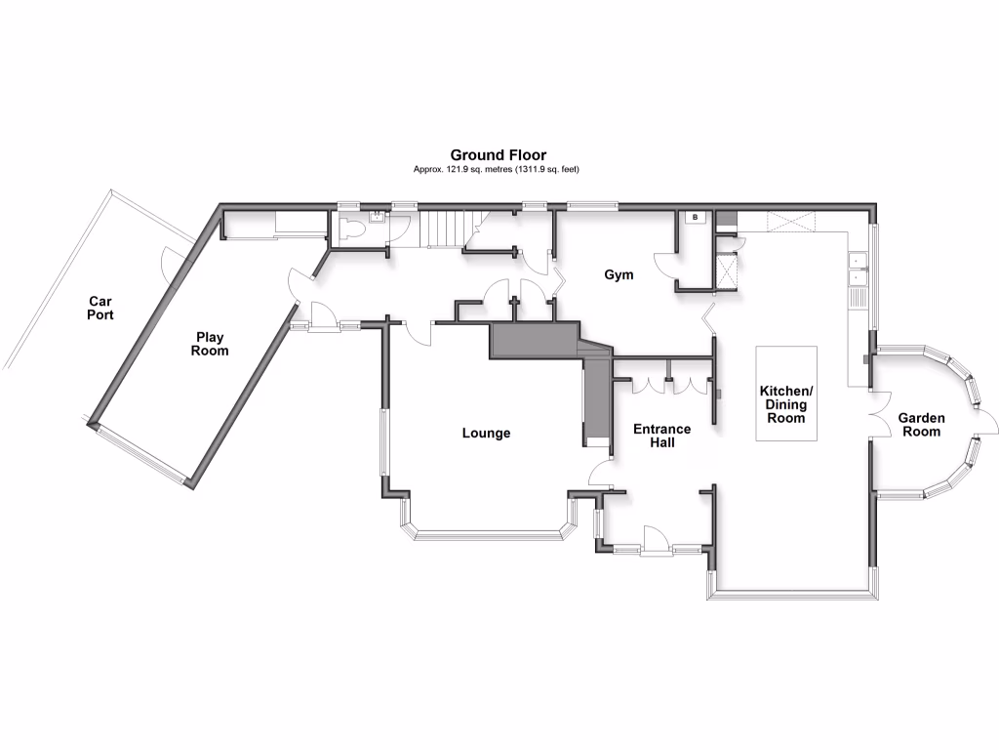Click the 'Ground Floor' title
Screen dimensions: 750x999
point(498,154)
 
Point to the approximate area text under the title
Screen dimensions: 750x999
point(498,169)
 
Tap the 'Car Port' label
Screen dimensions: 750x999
point(100,309)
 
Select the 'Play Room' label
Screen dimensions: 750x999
point(210,344)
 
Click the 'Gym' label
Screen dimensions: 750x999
point(619,274)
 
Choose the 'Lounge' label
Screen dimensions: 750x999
point(486,433)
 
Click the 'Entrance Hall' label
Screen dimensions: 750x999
point(661,436)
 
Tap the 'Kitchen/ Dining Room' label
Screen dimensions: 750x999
point(785,404)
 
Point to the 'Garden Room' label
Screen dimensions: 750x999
point(921,424)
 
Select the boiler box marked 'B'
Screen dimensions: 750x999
point(696,217)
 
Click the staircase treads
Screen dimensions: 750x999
point(445,230)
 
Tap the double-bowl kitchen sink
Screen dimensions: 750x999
point(857,269)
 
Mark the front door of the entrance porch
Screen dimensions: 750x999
point(655,540)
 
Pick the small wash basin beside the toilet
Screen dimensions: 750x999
point(375,221)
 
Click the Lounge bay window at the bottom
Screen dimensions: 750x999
point(488,534)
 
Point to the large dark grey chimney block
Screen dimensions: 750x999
point(535,342)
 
